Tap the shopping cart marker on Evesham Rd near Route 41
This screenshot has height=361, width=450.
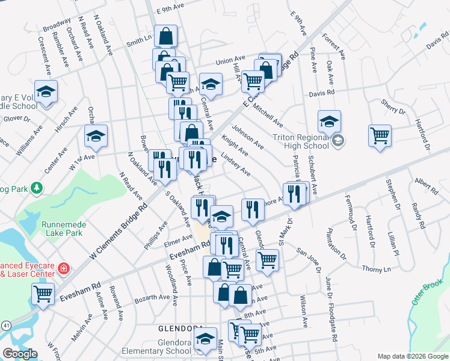click(x=43, y=294)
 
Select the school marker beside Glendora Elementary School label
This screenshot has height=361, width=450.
click(x=205, y=339)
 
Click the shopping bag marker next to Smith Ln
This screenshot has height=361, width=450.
click(x=165, y=35)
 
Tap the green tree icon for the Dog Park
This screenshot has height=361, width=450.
click(x=37, y=189)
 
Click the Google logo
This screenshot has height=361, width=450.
click(x=20, y=353)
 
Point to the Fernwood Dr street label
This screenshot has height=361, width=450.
click(x=351, y=209)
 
